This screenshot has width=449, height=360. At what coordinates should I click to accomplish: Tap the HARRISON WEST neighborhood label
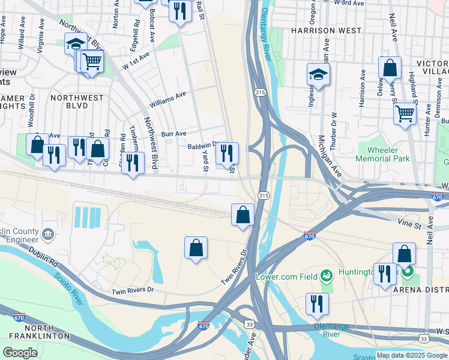(x=327, y=30)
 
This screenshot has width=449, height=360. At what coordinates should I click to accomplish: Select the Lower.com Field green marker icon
(x=327, y=275)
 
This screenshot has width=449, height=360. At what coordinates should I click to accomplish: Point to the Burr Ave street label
(x=173, y=133)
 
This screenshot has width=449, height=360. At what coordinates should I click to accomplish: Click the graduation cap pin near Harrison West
(x=318, y=74)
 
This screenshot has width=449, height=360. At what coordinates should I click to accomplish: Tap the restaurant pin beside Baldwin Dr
(x=227, y=153)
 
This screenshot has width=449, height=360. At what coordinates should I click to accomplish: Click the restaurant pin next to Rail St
(x=180, y=11)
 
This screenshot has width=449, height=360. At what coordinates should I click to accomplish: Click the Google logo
(x=20, y=353)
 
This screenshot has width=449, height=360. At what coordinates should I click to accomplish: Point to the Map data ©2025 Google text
(x=412, y=355)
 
